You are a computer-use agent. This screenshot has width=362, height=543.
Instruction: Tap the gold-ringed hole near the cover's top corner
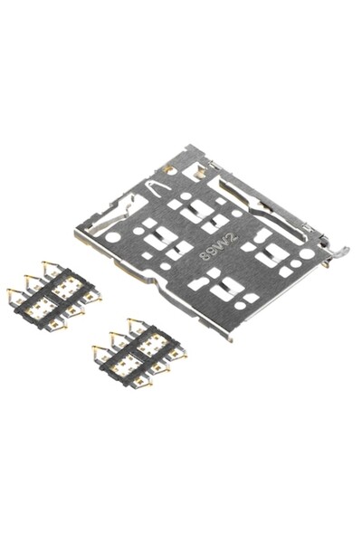169,169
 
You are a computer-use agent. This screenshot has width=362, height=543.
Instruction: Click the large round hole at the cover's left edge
113,237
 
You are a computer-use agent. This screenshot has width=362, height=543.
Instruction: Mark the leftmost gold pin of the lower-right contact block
95,348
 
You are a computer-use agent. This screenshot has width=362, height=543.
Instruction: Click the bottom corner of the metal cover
230,338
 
